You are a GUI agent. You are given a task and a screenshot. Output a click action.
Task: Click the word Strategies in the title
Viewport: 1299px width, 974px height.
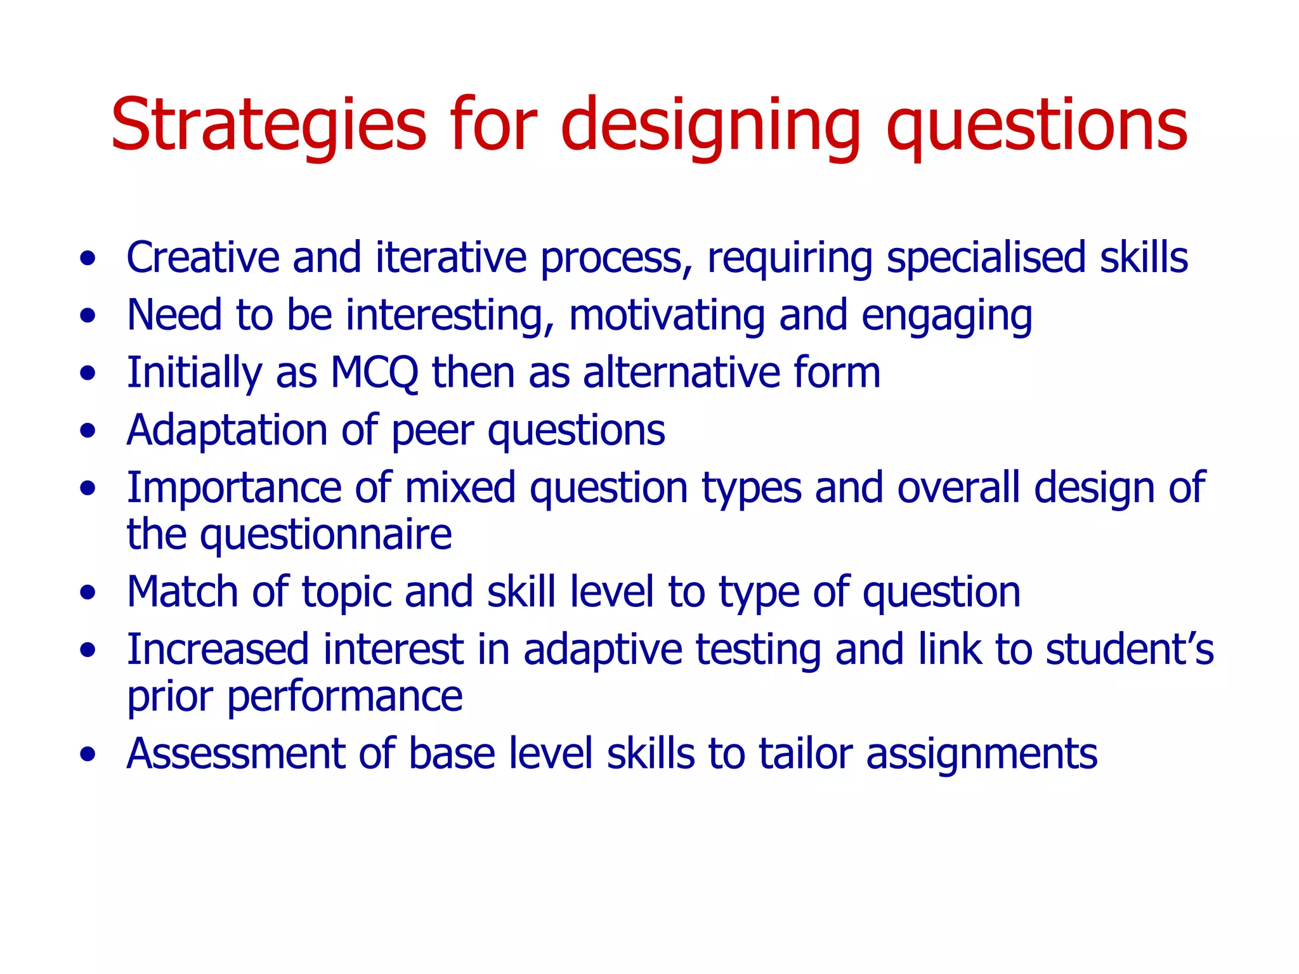(x=268, y=125)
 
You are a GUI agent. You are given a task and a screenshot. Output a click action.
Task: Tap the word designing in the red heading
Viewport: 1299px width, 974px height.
(x=710, y=125)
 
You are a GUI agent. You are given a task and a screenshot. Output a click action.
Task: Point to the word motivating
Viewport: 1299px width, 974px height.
(x=667, y=315)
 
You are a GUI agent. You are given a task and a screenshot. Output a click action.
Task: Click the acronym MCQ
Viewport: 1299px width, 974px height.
(x=374, y=373)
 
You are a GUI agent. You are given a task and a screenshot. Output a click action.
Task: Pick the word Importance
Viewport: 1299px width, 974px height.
(x=233, y=488)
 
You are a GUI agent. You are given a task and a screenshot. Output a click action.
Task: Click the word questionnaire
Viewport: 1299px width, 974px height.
(x=326, y=535)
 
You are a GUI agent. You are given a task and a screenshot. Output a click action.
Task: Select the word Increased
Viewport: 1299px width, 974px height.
(x=218, y=650)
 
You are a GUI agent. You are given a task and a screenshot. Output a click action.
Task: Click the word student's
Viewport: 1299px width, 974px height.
(x=1129, y=650)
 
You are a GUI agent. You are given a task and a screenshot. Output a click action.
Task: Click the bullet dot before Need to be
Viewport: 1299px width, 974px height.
(x=88, y=315)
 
